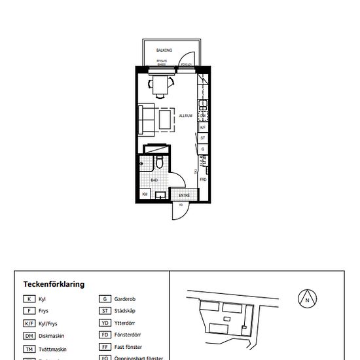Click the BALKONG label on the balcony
click(164, 50)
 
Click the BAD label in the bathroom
click(154, 179)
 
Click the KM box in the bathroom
click(145, 194)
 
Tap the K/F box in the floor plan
click(203, 128)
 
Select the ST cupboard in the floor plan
click(203, 138)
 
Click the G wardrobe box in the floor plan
click(203, 149)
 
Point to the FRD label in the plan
click(203, 179)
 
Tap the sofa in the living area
click(145, 116)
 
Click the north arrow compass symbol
click(306, 300)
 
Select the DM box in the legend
click(29, 335)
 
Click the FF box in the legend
click(104, 347)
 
